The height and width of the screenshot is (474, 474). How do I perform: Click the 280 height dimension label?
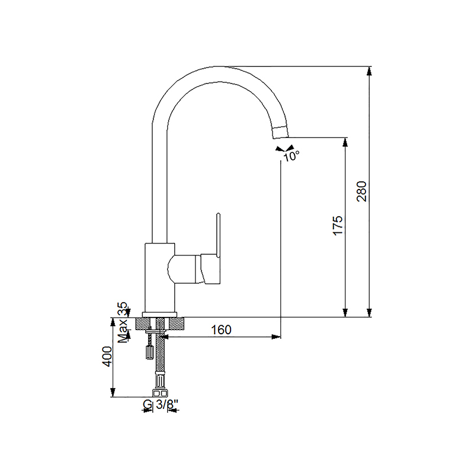coord(362,191)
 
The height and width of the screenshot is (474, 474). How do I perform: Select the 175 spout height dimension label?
coord(338,225)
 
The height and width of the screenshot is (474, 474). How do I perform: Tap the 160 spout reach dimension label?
coord(221,329)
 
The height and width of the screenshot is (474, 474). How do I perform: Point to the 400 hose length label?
coord(107,357)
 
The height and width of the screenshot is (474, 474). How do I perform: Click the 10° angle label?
coord(291,156)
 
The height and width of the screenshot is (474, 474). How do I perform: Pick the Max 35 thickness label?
coord(123,322)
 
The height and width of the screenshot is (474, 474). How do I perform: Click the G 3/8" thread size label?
coord(160,404)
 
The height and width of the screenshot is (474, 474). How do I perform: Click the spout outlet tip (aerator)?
coord(280,132)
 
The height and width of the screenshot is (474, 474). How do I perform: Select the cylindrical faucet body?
coord(159,277)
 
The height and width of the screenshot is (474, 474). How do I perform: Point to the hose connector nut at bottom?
coord(160,393)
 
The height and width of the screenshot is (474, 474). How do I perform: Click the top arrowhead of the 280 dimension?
coord(369,71)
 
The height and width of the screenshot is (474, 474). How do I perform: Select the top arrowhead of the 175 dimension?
coord(345,142)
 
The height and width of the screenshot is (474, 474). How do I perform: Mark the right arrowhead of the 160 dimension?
coord(276,337)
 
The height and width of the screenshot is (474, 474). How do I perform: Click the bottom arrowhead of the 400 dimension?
coord(113,392)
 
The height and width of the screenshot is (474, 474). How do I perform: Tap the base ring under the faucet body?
coord(159,315)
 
